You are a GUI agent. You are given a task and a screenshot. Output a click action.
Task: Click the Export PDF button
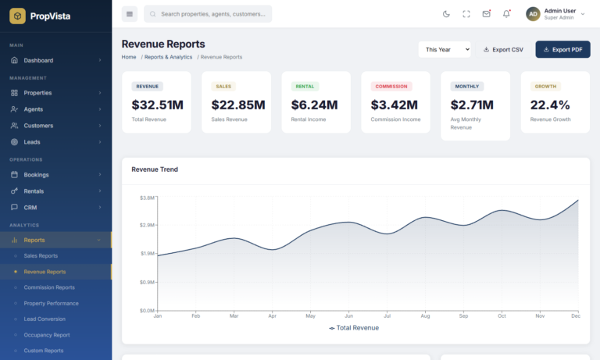click(x=562, y=49)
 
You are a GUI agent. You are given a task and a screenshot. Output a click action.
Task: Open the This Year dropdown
click(x=445, y=49)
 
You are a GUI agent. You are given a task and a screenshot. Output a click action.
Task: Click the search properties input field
click(x=211, y=14)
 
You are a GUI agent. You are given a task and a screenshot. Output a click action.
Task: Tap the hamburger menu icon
click(x=130, y=14)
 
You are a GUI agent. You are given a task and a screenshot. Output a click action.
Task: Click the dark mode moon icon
click(x=446, y=14)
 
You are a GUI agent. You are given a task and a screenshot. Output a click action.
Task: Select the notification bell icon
click(x=506, y=14)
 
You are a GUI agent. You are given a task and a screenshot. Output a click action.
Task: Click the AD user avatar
click(x=533, y=14)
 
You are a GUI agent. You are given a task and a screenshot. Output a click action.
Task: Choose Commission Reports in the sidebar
click(x=49, y=287)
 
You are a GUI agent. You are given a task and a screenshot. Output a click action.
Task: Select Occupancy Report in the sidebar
click(x=46, y=335)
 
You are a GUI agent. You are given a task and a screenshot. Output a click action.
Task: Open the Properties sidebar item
click(x=37, y=93)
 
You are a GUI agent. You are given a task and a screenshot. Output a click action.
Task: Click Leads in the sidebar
click(x=33, y=142)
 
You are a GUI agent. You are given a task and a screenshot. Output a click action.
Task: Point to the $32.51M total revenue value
click(x=157, y=105)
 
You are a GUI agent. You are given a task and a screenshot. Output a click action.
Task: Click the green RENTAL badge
click(x=305, y=87)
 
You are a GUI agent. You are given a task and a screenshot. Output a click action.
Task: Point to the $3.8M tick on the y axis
click(x=146, y=198)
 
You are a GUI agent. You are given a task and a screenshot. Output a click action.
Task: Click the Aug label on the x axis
click(x=425, y=316)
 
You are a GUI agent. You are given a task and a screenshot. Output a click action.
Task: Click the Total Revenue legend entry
click(x=354, y=328)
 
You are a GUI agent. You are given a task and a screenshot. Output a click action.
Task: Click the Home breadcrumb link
click(x=129, y=57)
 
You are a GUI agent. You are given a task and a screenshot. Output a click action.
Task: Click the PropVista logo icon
click(x=17, y=15)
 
